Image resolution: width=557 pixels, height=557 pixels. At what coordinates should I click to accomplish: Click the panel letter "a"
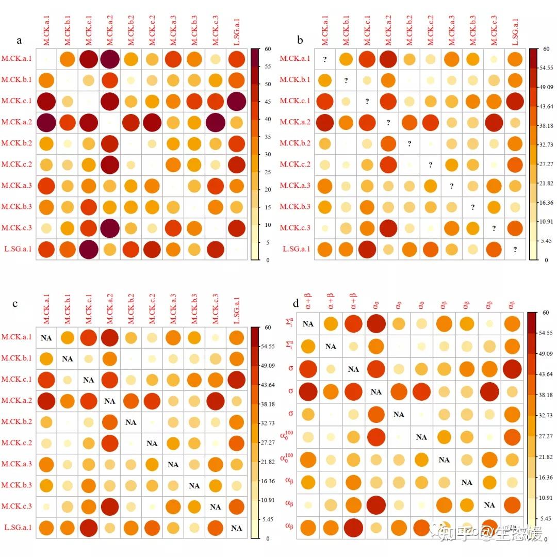click(x=19, y=41)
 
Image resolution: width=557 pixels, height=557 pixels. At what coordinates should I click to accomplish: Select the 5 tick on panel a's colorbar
click(x=265, y=242)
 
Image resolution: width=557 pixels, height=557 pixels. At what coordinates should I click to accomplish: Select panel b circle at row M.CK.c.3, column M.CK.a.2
click(x=388, y=228)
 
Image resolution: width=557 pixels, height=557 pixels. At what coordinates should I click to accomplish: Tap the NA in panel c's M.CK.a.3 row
click(x=173, y=464)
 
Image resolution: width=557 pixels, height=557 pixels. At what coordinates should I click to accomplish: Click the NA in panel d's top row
click(x=308, y=324)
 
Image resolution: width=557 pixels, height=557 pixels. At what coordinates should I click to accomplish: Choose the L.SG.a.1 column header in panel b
click(x=515, y=31)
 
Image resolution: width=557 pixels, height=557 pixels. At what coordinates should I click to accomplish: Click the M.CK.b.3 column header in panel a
click(x=194, y=31)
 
